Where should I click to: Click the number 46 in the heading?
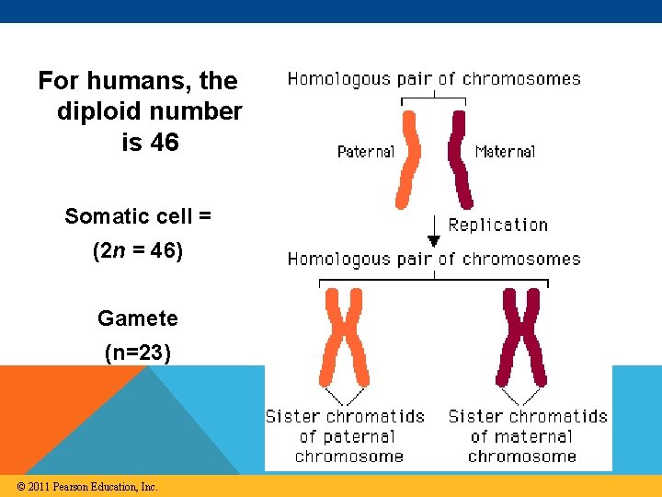[164, 143]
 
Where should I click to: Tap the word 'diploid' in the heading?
[97, 111]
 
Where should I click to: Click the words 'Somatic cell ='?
[138, 216]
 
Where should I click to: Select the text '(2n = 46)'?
[138, 250]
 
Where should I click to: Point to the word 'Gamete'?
[138, 318]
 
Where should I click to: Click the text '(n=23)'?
[138, 352]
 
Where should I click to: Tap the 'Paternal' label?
[366, 151]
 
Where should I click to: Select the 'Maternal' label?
[505, 151]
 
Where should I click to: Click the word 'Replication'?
[497, 225]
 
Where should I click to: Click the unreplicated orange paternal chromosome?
[406, 159]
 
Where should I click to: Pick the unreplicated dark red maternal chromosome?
[459, 159]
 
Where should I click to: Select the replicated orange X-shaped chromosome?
[344, 336]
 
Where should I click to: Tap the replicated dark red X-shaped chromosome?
[520, 336]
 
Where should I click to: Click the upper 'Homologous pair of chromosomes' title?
[434, 79]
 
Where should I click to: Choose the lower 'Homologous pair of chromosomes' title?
[434, 260]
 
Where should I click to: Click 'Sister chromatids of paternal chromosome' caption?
[345, 436]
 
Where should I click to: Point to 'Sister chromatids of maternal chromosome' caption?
[527, 436]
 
